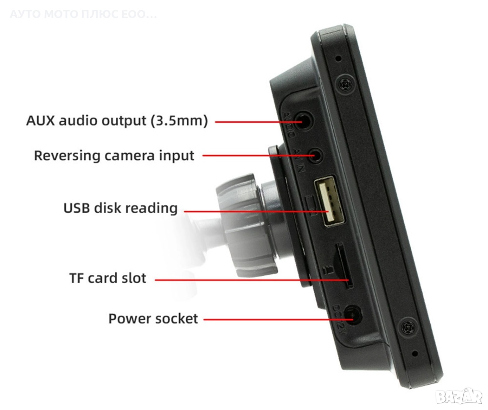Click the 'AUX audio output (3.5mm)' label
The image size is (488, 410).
click(x=117, y=120)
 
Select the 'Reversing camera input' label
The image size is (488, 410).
click(x=114, y=156)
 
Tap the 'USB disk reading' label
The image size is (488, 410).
click(x=120, y=208)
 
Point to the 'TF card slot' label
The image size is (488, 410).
click(x=108, y=278)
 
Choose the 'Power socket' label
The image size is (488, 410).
click(x=153, y=318)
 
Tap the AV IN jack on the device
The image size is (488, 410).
click(x=317, y=156)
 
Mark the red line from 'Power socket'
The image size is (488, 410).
click(x=276, y=319)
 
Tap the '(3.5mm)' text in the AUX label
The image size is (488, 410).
click(x=179, y=120)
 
